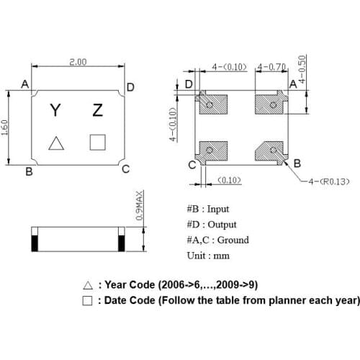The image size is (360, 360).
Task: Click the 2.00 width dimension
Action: (x=78, y=63)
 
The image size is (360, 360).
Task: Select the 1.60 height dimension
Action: (x=6, y=127)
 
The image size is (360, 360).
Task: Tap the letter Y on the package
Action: (x=55, y=110)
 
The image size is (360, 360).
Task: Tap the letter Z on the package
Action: (x=98, y=110)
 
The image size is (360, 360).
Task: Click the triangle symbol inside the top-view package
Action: (x=55, y=143)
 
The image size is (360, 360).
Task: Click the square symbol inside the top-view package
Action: (x=97, y=142)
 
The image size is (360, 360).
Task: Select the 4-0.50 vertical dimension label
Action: (x=302, y=70)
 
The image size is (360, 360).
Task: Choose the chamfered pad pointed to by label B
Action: (x=274, y=152)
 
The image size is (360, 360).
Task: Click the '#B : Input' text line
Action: (x=207, y=209)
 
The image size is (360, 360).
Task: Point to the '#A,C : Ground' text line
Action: (x=217, y=240)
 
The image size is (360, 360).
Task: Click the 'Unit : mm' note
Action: (x=208, y=256)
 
